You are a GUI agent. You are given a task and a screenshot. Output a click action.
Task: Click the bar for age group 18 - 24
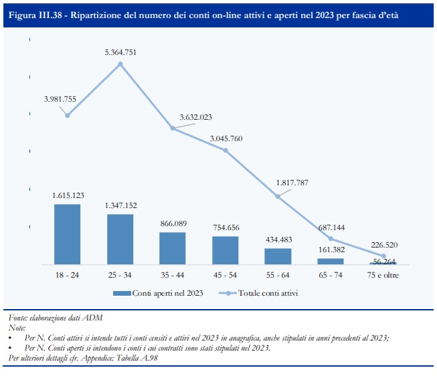67,234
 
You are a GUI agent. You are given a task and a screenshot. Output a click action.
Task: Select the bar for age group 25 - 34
120,239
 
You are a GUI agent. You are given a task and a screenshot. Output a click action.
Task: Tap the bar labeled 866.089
172,248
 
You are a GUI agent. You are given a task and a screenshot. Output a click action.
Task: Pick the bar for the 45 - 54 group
226,250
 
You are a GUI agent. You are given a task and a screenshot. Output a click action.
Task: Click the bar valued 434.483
278,256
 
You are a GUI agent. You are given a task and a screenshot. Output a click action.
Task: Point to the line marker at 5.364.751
120,64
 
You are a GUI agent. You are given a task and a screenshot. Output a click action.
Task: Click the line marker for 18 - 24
67,115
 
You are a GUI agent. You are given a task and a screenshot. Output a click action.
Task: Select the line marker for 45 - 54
226,151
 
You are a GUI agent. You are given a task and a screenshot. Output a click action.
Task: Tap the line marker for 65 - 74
331,239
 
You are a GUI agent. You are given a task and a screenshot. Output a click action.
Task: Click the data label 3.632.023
195,117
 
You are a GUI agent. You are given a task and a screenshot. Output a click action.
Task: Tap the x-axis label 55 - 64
278,275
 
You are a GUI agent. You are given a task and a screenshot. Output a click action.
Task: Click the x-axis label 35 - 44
172,275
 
